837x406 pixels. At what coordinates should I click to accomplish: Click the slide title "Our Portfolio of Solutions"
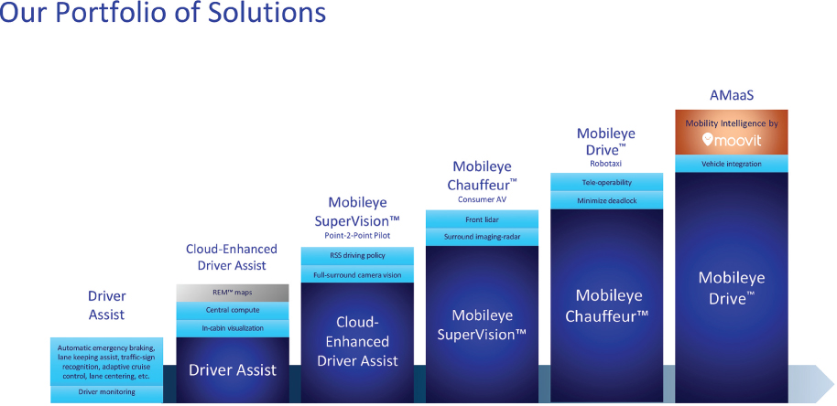(x=162, y=13)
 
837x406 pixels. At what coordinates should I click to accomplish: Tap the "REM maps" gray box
(x=233, y=293)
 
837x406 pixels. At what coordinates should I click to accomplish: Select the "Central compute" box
(x=233, y=310)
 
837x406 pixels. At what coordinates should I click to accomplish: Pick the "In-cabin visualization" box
(x=233, y=328)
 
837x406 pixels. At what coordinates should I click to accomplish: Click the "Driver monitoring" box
(x=107, y=392)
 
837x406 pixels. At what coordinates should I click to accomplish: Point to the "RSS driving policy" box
(x=357, y=255)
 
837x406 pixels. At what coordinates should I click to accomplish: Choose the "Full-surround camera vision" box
(x=357, y=273)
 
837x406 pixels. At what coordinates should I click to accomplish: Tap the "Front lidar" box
(x=482, y=219)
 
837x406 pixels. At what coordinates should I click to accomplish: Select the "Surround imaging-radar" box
(x=482, y=237)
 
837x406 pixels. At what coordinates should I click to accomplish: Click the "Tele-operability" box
(x=606, y=182)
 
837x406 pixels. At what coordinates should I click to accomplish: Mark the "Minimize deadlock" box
(x=606, y=200)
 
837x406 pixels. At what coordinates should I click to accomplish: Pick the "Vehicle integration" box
(x=732, y=164)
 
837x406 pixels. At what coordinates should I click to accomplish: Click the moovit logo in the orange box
(x=732, y=140)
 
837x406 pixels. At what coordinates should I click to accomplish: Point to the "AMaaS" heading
(x=732, y=95)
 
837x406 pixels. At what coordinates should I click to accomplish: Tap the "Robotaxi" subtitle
(x=606, y=164)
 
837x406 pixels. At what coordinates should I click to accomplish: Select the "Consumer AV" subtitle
(x=482, y=200)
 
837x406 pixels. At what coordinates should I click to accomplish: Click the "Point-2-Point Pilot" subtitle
(x=357, y=236)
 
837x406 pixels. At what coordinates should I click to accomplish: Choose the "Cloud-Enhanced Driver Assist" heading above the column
(x=232, y=257)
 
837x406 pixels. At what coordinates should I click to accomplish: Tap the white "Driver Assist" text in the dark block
(x=233, y=369)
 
